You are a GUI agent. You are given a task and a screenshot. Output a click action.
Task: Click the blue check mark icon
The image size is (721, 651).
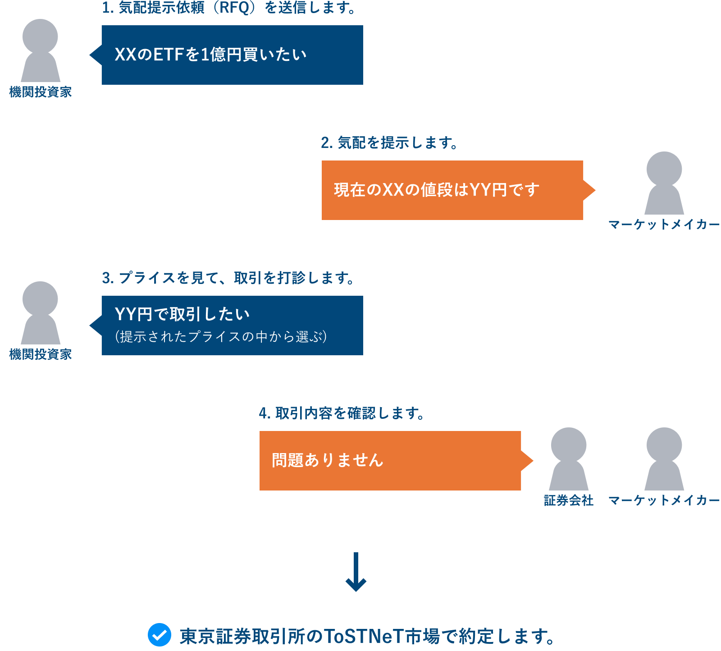click(x=160, y=635)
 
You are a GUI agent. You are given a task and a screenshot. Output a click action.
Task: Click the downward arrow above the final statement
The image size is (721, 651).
click(x=356, y=572)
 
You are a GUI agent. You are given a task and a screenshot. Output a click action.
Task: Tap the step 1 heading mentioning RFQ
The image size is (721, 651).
click(x=229, y=8)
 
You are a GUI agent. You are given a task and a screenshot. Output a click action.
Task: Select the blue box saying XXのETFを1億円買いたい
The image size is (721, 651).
click(x=232, y=55)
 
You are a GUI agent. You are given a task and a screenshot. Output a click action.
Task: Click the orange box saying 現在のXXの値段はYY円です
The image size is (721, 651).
click(x=452, y=190)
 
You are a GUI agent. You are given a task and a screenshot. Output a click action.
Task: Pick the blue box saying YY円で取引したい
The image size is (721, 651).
click(x=232, y=325)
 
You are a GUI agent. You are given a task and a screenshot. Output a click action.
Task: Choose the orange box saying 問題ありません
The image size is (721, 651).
click(x=390, y=461)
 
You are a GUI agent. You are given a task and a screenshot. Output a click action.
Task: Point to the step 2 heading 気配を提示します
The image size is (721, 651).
click(x=389, y=143)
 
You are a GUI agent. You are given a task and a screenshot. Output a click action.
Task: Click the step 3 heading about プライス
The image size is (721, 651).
click(x=228, y=278)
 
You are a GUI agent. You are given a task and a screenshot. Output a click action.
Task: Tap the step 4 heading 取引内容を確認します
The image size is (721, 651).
click(x=342, y=413)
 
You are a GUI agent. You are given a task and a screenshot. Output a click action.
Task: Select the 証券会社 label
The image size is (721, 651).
click(x=569, y=500)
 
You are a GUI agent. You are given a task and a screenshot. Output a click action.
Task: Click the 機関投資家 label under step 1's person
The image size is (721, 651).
click(x=41, y=92)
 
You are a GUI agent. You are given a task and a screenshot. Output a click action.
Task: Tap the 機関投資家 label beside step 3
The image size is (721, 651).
click(x=41, y=354)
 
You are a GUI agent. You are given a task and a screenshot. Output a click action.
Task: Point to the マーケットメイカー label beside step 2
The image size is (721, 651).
click(x=664, y=225)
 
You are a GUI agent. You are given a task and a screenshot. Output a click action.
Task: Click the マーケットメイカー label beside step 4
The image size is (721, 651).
click(x=664, y=500)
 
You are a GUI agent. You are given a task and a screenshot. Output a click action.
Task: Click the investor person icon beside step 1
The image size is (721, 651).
click(x=41, y=50)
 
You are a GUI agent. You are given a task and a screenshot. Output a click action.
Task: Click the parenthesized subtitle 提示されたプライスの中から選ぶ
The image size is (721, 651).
click(x=221, y=337)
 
